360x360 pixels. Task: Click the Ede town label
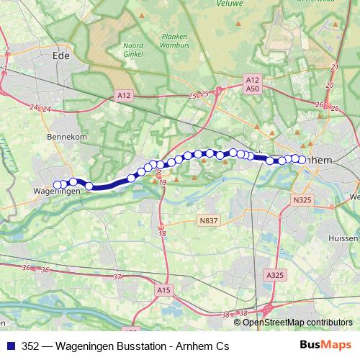tap(60, 53)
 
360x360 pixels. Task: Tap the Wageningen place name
tap(55, 192)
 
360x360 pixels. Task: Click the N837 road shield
tap(209, 221)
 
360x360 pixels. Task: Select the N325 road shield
tap(302, 204)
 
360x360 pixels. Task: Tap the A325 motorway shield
tap(274, 275)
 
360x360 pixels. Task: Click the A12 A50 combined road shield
tap(251, 84)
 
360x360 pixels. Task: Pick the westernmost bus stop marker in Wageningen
tap(57, 184)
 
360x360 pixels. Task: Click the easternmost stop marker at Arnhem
tap(302, 160)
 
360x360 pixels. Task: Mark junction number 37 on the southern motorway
tap(117, 276)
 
